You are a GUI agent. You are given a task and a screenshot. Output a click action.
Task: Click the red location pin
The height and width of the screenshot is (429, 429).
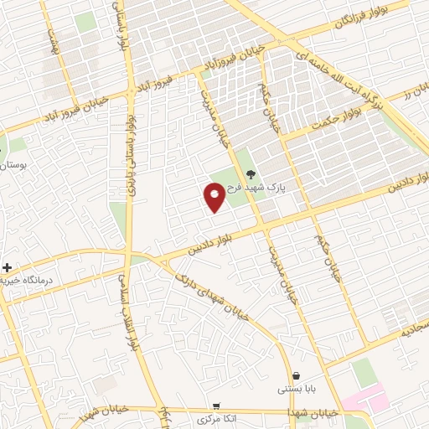[214, 198]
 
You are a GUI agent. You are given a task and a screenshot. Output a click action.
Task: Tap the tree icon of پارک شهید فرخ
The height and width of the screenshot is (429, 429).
[251, 175]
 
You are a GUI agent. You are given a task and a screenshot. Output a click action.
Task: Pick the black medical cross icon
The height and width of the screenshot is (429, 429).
[8, 268]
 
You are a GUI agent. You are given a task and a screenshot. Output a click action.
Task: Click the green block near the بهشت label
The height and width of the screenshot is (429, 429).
[85, 22]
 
